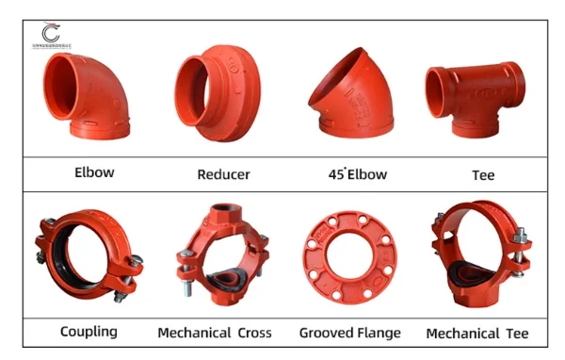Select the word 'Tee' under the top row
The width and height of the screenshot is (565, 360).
(483, 174)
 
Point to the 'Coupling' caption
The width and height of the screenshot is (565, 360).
(89, 332)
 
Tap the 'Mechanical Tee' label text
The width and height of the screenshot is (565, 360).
(477, 333)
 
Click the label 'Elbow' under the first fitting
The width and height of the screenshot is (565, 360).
(94, 173)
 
